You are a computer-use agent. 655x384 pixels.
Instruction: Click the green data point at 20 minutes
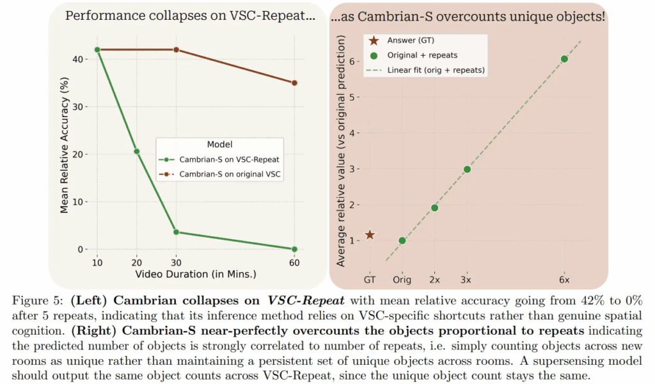pos(136,152)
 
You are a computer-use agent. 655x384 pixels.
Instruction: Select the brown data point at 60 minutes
pos(294,83)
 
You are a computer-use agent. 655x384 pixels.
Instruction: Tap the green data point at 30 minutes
pos(176,232)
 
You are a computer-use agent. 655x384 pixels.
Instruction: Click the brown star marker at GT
pos(370,235)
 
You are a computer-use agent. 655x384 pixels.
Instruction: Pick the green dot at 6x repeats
pos(564,59)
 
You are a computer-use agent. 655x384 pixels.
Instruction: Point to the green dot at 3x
pos(467,169)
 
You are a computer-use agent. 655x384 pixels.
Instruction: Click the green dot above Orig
pos(402,241)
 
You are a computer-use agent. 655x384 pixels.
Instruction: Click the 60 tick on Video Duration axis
pos(294,262)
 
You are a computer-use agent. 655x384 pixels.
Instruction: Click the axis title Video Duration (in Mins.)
pos(196,273)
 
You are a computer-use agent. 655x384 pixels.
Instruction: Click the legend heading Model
pos(219,145)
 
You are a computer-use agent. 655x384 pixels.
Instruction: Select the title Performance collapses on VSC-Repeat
pos(190,17)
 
